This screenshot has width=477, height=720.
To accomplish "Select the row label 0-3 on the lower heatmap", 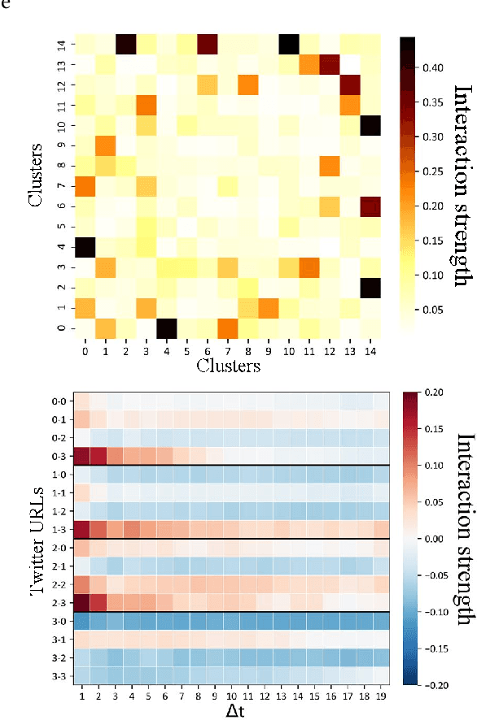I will (59, 456).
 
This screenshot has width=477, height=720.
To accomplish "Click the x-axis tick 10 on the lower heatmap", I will (233, 696).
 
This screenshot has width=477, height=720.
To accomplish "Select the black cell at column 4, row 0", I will (166, 327).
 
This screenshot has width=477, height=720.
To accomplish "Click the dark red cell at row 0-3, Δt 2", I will (98, 456).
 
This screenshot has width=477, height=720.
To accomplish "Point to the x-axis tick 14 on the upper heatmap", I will (370, 350).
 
